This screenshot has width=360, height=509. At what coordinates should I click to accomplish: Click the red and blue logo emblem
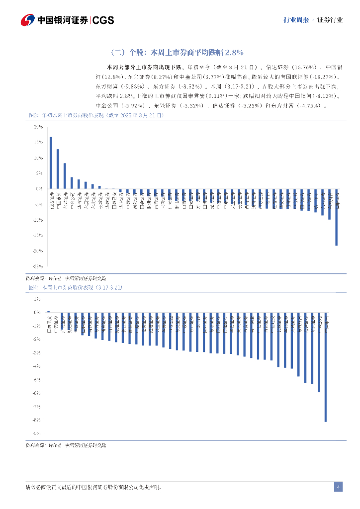(27, 20)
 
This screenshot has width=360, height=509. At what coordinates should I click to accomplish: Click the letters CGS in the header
(103, 20)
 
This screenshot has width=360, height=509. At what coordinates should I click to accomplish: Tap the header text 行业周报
(296, 20)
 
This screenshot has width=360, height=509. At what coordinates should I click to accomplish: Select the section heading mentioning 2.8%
(176, 52)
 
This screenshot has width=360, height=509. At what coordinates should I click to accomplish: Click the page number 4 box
(338, 487)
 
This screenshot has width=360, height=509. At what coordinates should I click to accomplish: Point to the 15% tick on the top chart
(38, 142)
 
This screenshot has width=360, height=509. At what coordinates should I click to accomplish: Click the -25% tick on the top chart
(38, 266)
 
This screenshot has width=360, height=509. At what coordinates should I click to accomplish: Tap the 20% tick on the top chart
(38, 127)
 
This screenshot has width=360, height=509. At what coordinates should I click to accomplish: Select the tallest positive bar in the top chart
(51, 163)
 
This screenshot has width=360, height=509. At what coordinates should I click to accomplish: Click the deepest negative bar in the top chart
(337, 217)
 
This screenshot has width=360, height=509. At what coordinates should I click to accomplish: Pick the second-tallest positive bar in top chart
(58, 169)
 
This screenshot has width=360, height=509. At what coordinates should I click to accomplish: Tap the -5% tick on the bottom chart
(37, 380)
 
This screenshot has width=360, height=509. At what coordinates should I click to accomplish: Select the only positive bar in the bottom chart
(49, 312)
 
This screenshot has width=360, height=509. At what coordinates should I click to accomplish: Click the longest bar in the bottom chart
(326, 367)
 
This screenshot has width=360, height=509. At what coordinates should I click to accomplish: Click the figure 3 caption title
(95, 115)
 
